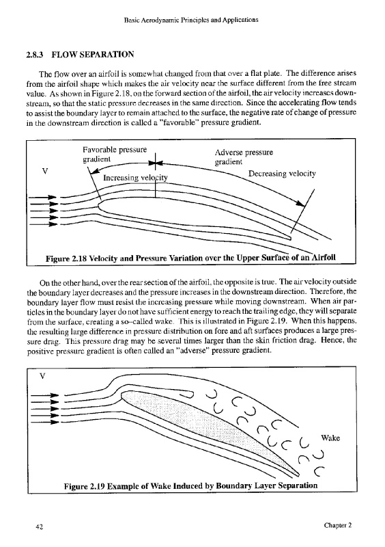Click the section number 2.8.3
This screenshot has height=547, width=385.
[35, 55]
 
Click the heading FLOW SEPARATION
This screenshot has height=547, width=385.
[93, 55]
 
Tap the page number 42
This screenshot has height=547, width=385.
[40, 526]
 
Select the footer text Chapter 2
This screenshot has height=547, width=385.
[338, 525]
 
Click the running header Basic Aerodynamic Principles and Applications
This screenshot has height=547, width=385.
[191, 20]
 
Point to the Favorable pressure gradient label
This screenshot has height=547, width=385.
[115, 155]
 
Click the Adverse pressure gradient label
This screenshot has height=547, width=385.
[244, 157]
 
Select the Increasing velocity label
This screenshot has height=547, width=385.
[135, 178]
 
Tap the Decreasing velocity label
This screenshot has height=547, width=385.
[282, 174]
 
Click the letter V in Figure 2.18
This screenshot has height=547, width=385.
[44, 172]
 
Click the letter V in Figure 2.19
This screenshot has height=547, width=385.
[42, 377]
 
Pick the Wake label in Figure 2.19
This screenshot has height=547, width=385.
[330, 438]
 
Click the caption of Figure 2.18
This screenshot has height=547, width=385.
[190, 258]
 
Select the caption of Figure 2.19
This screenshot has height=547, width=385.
[190, 485]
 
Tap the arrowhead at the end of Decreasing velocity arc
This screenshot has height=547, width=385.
[300, 203]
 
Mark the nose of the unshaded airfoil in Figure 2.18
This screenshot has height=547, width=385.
[98, 206]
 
